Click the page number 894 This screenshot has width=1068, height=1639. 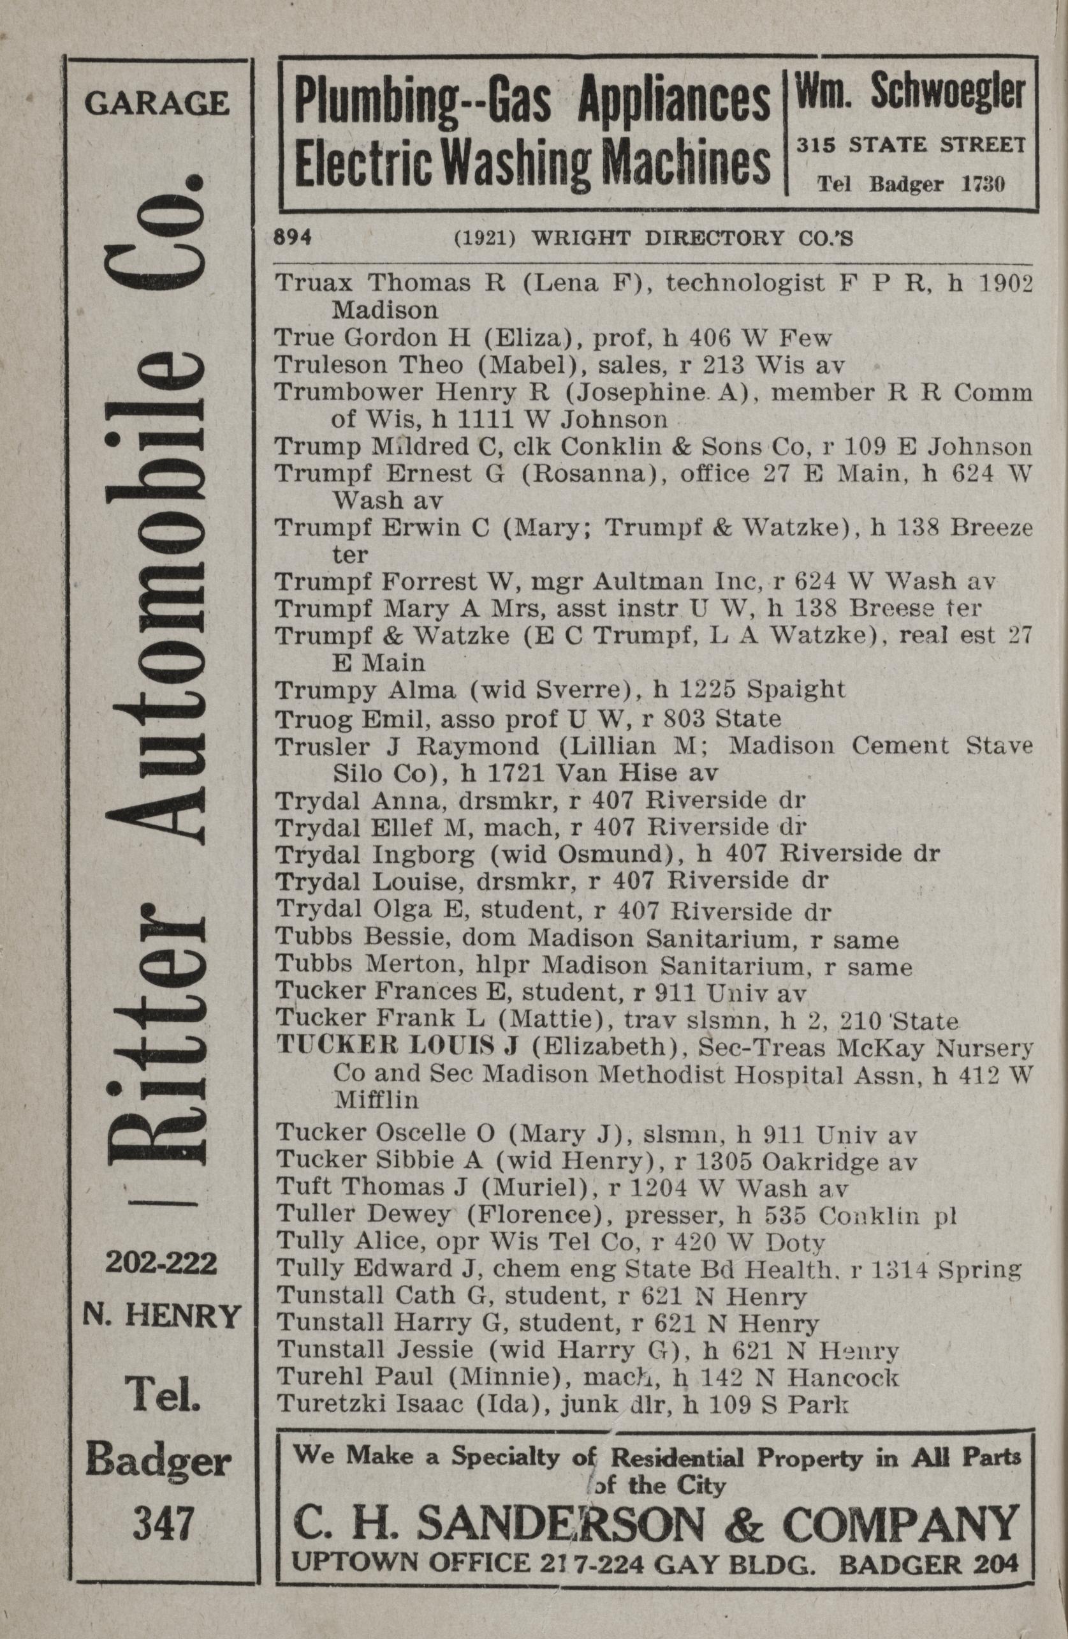click(294, 237)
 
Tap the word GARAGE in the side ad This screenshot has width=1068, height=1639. click(157, 103)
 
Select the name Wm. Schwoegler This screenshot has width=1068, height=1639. click(911, 93)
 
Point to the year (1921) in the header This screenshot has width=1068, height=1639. click(485, 238)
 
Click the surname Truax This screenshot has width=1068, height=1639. click(316, 283)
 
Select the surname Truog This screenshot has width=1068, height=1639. click(314, 719)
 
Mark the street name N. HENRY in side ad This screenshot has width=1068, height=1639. click(162, 1317)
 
